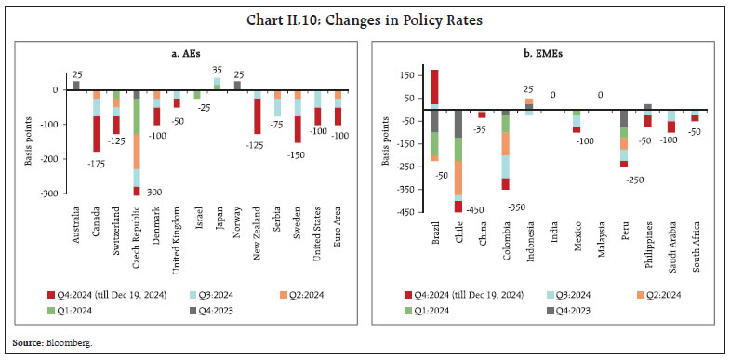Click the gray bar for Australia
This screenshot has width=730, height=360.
76,85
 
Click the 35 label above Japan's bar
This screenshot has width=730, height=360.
217,69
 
